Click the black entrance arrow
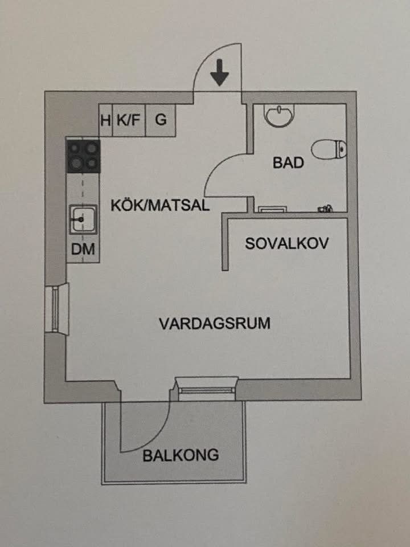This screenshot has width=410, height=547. (x=220, y=72)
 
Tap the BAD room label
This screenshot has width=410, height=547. (x=288, y=162)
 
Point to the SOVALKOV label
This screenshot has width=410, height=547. (x=286, y=243)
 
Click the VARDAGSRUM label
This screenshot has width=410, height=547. (x=215, y=324)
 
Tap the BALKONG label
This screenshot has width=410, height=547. (x=181, y=455)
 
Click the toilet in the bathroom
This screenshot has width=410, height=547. (x=329, y=149)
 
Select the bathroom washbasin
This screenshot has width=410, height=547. (x=279, y=115)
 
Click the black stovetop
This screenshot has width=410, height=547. (x=84, y=156)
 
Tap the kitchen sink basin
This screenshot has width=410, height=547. (x=83, y=219)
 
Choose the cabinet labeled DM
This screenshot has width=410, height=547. (x=83, y=249)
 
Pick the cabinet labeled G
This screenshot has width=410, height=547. (x=161, y=120)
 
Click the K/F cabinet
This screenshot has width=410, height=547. (x=129, y=120)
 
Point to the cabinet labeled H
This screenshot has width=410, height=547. (x=106, y=120)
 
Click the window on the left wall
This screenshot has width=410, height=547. (x=56, y=309)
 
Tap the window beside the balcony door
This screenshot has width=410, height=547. (x=207, y=389)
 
